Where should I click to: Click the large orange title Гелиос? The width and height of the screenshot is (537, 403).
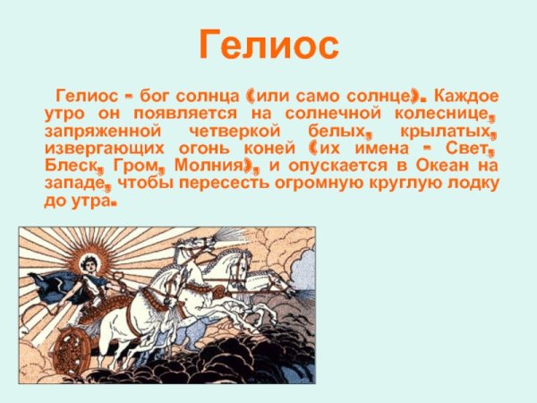pyautogui.click(x=268, y=45)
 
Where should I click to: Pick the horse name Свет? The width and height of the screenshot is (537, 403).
pyautogui.click(x=472, y=148)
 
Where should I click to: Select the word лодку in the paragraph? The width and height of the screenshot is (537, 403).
pyautogui.click(x=471, y=184)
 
